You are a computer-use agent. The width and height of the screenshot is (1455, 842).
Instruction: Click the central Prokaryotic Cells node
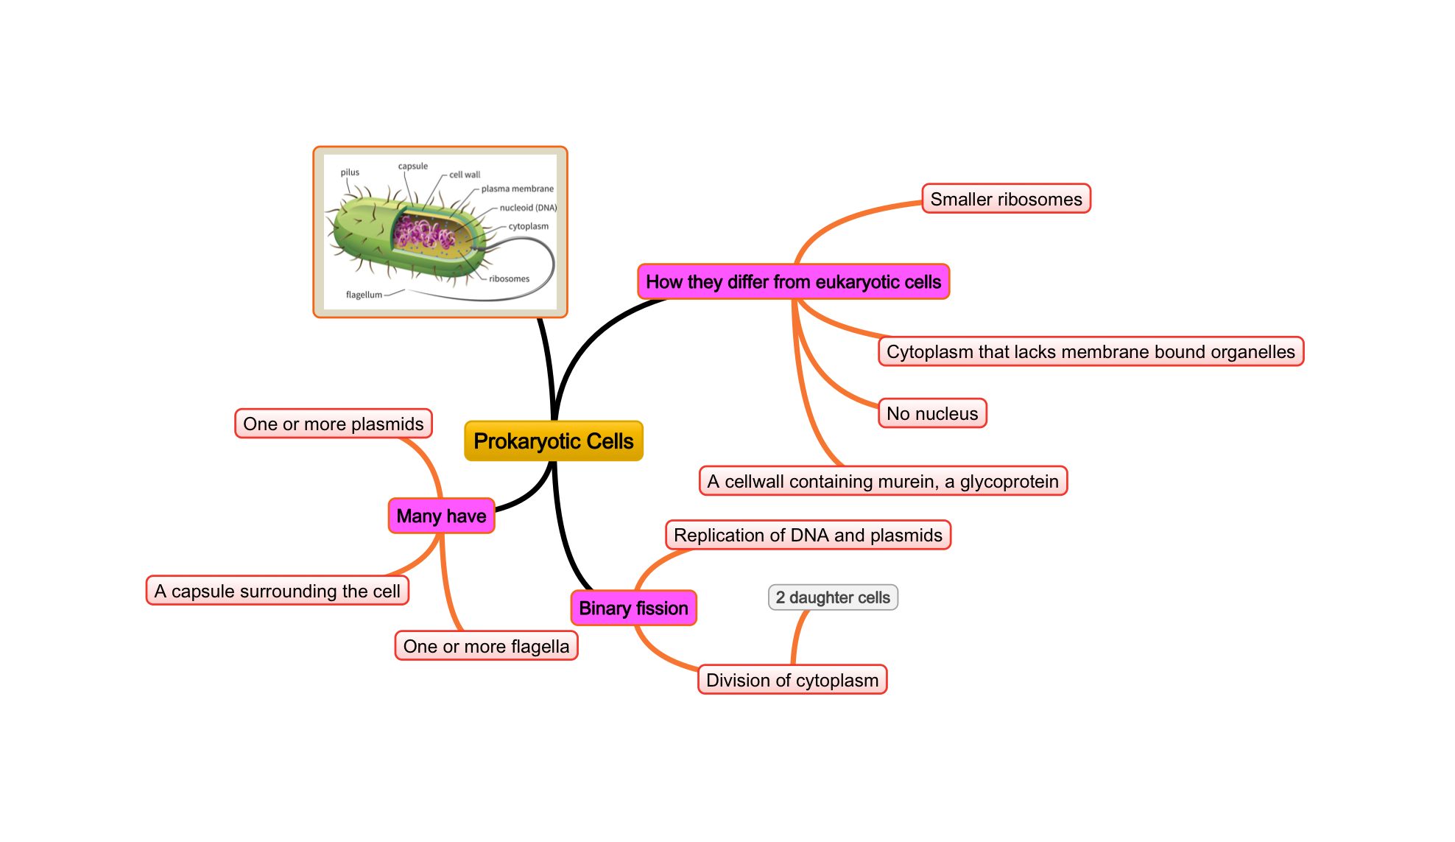click(554, 441)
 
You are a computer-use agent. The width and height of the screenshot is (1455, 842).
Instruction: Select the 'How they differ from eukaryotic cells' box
click(793, 282)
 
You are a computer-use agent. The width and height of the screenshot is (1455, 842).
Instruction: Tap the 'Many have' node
click(441, 516)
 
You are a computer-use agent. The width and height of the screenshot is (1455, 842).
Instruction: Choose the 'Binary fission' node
click(633, 608)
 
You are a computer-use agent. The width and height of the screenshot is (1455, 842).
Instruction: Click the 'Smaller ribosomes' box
click(1006, 199)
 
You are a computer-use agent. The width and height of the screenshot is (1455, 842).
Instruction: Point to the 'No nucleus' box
click(932, 413)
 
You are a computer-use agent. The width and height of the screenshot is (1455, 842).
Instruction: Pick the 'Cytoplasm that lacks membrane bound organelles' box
click(1091, 351)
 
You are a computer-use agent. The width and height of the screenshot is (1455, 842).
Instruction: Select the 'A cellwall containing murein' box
click(883, 481)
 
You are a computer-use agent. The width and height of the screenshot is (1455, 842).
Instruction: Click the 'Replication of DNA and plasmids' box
click(808, 535)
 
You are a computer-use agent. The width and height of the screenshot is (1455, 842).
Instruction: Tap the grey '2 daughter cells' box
click(833, 597)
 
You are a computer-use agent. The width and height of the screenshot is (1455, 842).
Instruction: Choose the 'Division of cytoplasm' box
click(792, 680)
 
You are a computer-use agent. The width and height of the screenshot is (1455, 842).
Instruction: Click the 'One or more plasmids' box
click(334, 424)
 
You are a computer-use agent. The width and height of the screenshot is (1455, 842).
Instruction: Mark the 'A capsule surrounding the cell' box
click(277, 591)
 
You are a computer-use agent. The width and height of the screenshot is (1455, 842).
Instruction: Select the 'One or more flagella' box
click(486, 646)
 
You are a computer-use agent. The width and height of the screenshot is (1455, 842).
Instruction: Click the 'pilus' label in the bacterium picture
click(350, 172)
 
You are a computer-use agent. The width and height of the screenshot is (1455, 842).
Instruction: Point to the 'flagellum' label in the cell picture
click(364, 295)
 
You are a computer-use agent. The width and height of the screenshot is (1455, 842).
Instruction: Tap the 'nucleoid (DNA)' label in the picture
click(528, 208)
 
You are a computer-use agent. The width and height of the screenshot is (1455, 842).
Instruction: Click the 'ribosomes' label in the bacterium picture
click(509, 278)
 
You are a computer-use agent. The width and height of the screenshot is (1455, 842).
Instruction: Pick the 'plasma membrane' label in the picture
click(517, 189)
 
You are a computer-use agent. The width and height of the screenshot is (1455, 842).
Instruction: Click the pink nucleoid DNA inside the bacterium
click(423, 235)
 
